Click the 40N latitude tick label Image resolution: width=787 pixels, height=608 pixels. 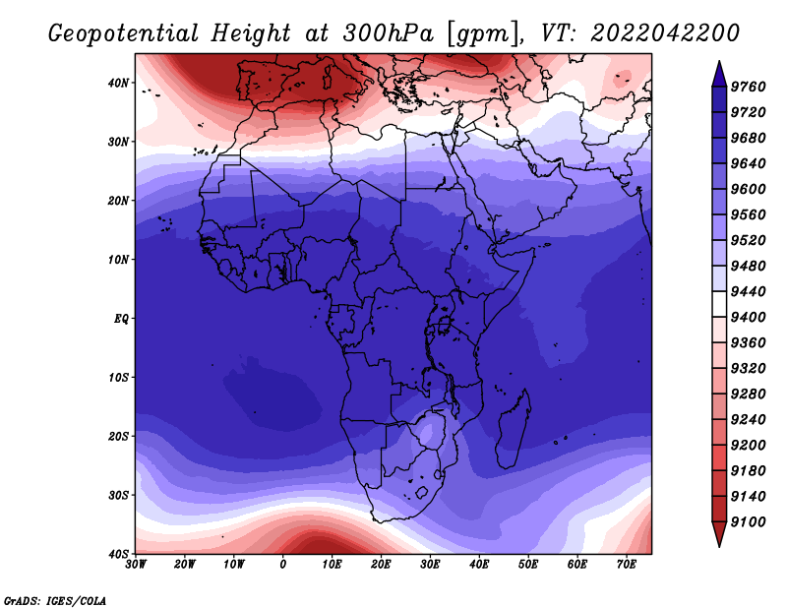click(x=117, y=83)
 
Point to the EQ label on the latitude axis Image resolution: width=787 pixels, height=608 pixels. click(x=121, y=319)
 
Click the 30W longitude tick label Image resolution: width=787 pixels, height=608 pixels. click(x=136, y=565)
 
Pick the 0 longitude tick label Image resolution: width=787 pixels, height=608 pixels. click(x=283, y=565)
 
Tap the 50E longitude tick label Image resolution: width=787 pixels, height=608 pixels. click(x=528, y=565)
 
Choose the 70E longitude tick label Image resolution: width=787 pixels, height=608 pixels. click(x=627, y=565)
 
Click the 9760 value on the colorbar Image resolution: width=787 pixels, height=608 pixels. click(x=748, y=87)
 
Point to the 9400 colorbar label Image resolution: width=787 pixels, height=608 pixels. click(x=748, y=318)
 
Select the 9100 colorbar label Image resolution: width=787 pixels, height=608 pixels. click(x=748, y=522)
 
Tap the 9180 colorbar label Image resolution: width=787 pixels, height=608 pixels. click(x=748, y=471)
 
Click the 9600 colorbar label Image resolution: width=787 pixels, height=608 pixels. click(x=748, y=189)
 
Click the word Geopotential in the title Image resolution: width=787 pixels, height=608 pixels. click(x=124, y=34)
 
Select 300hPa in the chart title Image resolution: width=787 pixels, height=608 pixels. click(x=388, y=33)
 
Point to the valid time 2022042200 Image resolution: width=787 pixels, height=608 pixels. click(x=665, y=33)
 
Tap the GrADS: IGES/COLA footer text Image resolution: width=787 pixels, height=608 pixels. click(x=55, y=600)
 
